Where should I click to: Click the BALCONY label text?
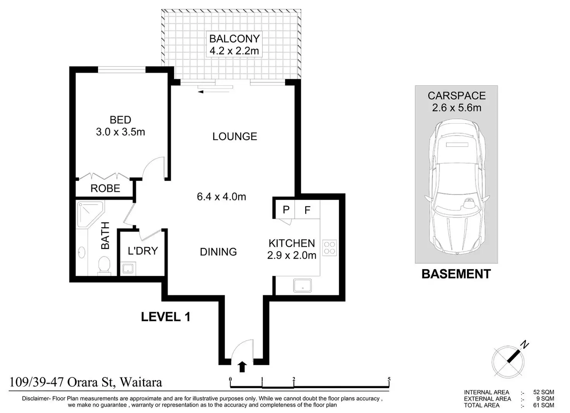tap(234, 39)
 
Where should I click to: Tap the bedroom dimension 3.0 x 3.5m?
tap(120, 132)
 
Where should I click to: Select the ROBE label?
tap(105, 188)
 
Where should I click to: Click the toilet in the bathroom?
tap(104, 265)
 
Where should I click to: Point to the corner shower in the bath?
tap(90, 214)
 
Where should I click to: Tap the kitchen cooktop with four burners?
tap(330, 248)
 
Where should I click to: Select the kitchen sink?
tap(302, 285)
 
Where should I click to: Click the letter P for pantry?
tap(286, 210)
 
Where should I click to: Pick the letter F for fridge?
tap(307, 210)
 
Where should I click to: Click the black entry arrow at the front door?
tap(242, 366)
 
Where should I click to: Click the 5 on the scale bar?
tap(389, 379)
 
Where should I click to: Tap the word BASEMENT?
tap(456, 274)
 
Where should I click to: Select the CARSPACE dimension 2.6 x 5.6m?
tap(457, 108)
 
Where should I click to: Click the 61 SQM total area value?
tap(544, 405)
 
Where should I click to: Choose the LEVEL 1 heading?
tap(166, 317)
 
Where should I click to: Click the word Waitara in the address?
tap(141, 382)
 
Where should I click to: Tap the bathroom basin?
tap(82, 252)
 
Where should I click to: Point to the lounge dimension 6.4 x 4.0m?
tap(221, 197)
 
